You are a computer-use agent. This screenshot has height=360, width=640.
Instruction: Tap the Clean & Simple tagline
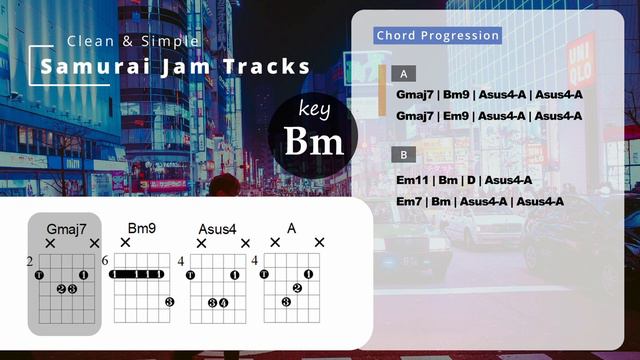tap(133, 41)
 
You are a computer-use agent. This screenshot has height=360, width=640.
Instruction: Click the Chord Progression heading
tap(437, 36)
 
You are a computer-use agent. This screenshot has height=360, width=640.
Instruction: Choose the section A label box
tap(403, 74)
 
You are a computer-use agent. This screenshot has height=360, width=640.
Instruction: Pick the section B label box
tap(403, 155)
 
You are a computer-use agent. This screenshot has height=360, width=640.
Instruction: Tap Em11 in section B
tap(415, 180)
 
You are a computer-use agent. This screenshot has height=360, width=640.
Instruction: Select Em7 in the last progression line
tap(412, 201)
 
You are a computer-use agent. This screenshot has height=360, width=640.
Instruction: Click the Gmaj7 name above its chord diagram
tap(60, 229)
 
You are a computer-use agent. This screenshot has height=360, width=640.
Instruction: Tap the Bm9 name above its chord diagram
tap(142, 229)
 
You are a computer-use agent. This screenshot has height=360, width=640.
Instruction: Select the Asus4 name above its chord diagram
tap(217, 229)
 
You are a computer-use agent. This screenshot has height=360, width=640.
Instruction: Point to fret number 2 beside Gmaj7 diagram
tap(30, 261)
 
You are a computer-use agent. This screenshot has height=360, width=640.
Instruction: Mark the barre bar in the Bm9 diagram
tap(138, 274)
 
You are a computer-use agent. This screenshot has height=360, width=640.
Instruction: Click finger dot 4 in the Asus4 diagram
tap(224, 302)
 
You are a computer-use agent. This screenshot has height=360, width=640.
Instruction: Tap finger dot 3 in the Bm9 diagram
tap(170, 302)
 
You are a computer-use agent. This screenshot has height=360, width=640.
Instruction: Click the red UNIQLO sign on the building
tap(581, 61)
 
